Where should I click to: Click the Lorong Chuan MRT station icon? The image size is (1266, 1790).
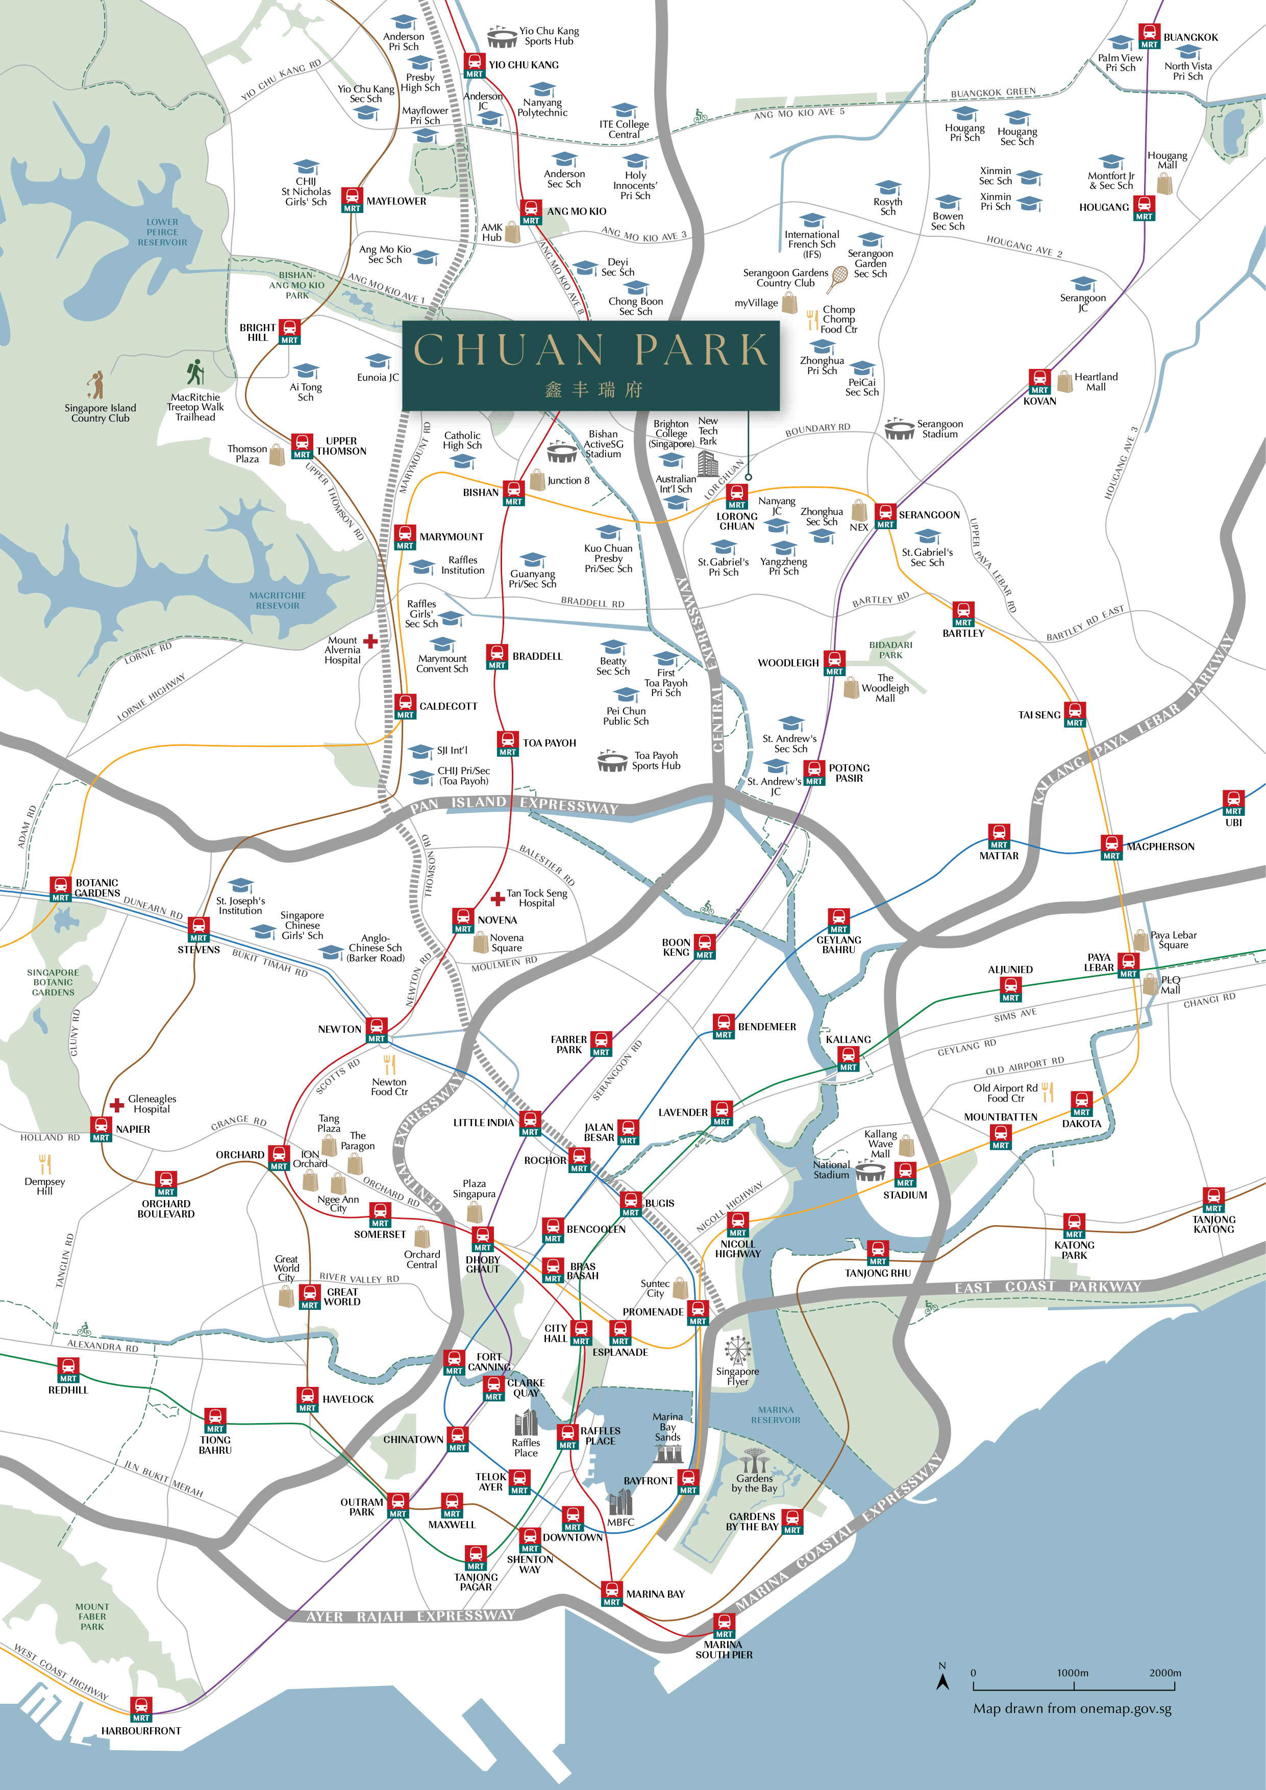[x=737, y=496]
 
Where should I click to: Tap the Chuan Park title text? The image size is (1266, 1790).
[x=590, y=350]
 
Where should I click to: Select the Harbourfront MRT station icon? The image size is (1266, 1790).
[x=141, y=1709]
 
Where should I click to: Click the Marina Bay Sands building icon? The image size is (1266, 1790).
[x=668, y=1453]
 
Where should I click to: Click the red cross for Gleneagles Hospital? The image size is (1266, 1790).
[x=117, y=1104]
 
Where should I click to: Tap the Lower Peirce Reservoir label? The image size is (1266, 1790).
[x=162, y=232]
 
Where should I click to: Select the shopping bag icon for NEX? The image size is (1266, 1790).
[x=859, y=510]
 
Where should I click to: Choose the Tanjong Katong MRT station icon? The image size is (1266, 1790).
[x=1213, y=1199]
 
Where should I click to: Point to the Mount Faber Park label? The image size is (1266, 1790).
[x=92, y=1616]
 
